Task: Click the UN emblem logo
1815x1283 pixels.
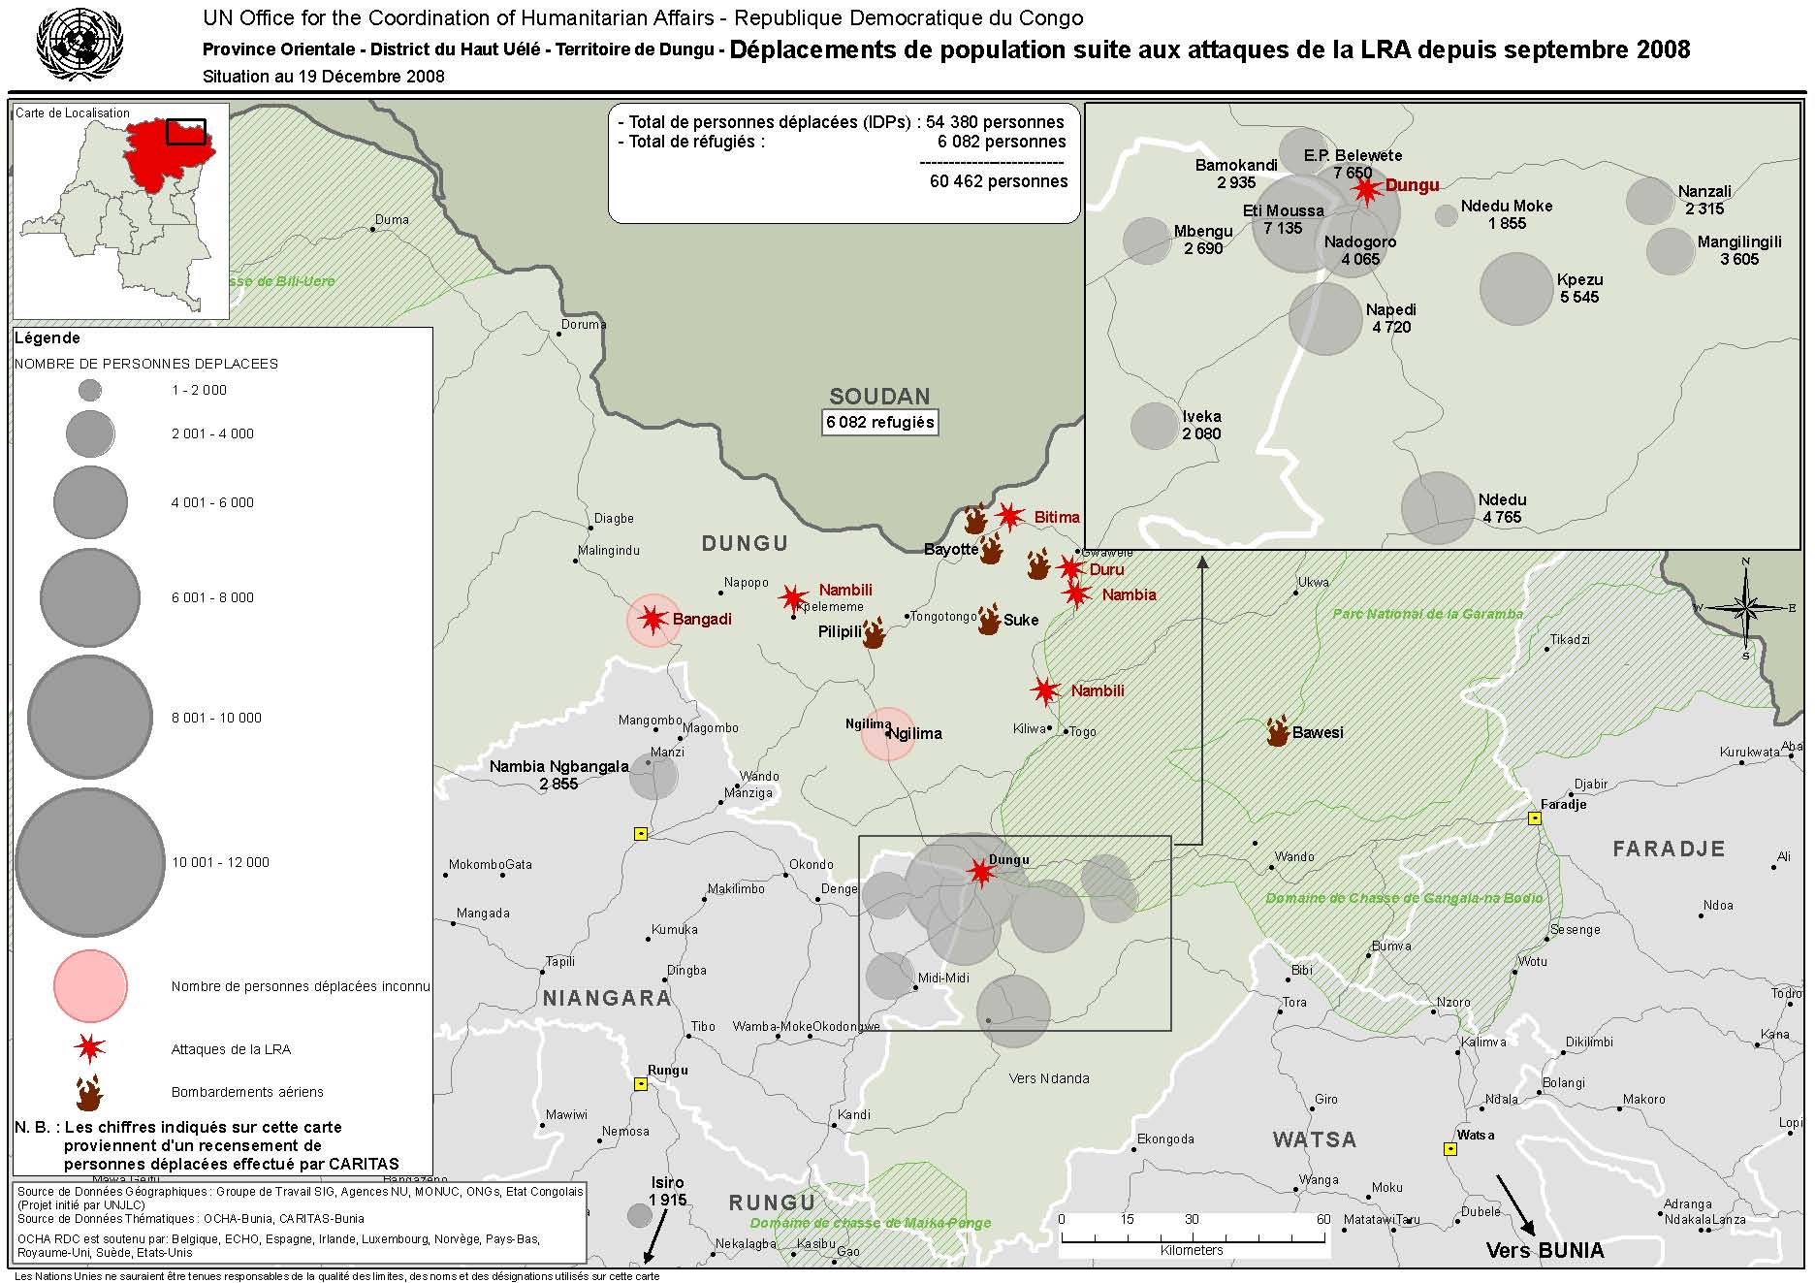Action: (x=80, y=44)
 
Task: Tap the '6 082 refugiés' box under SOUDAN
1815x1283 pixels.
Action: (x=879, y=422)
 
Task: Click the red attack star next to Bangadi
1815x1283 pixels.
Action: (x=652, y=619)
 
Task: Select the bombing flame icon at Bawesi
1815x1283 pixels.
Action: (x=1278, y=731)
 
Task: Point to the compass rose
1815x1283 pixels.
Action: (x=1745, y=608)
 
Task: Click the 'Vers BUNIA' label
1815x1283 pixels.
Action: (x=1544, y=1250)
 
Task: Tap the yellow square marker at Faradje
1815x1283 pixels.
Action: (x=1535, y=818)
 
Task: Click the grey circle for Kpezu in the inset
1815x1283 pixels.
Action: (x=1516, y=289)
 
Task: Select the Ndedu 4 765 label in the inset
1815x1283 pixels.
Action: (x=1502, y=508)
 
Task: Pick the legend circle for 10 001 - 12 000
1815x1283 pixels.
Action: (x=90, y=862)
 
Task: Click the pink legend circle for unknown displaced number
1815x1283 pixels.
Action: (x=90, y=986)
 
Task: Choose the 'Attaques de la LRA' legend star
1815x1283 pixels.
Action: (x=90, y=1048)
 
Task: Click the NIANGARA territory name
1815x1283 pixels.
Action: (x=607, y=998)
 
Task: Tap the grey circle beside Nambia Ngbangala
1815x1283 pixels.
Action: (x=653, y=776)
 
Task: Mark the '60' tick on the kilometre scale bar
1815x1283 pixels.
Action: (x=1322, y=1219)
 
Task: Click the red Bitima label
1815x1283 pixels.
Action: (x=1056, y=517)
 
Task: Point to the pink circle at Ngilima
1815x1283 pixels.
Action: (x=887, y=734)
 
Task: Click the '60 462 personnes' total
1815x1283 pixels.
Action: (x=998, y=181)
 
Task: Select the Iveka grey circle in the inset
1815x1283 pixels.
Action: (x=1155, y=426)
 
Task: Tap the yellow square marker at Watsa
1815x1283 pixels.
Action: (x=1450, y=1149)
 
